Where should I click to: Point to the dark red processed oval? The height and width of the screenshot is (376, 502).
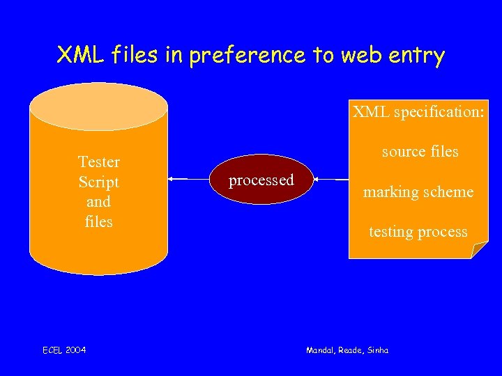point(261,180)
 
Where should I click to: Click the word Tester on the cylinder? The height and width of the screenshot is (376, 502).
point(98,162)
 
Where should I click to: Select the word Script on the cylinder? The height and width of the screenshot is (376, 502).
point(98,182)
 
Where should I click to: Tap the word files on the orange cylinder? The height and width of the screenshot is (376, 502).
point(98,222)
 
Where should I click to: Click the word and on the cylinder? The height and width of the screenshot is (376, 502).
point(98,202)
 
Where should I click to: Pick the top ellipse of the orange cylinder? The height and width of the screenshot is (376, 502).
point(98,107)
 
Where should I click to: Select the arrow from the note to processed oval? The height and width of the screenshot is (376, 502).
point(330,180)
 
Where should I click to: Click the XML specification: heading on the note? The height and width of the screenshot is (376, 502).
point(418,111)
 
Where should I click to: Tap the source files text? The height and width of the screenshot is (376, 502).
point(420,151)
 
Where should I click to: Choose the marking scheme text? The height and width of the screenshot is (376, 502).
point(418,191)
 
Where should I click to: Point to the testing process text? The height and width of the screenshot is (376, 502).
point(418,232)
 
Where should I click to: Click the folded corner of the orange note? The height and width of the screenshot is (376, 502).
point(480,251)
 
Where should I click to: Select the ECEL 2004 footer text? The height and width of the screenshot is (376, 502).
point(64,350)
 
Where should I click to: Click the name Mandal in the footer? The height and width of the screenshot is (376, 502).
point(322,350)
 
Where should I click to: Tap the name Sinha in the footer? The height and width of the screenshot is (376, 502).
point(376,350)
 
